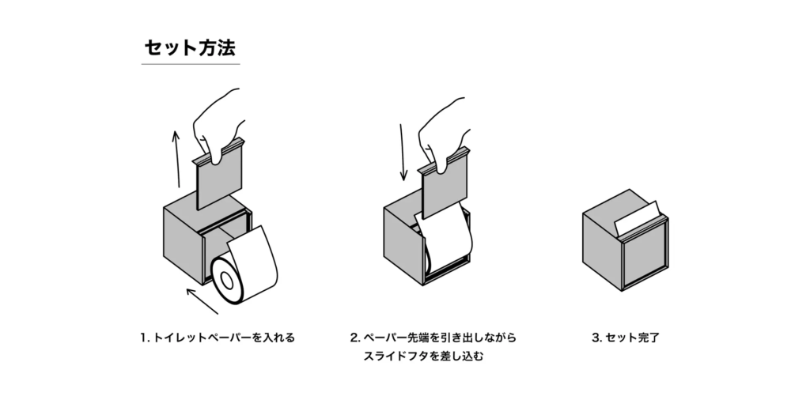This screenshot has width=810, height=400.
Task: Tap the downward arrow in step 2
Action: point(403,151)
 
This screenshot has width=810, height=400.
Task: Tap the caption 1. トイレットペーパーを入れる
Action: point(216,338)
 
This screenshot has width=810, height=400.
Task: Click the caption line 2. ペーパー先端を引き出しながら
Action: point(433,338)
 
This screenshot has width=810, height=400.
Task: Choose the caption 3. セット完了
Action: point(625,338)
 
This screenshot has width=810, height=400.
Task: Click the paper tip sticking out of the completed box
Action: point(638,217)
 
